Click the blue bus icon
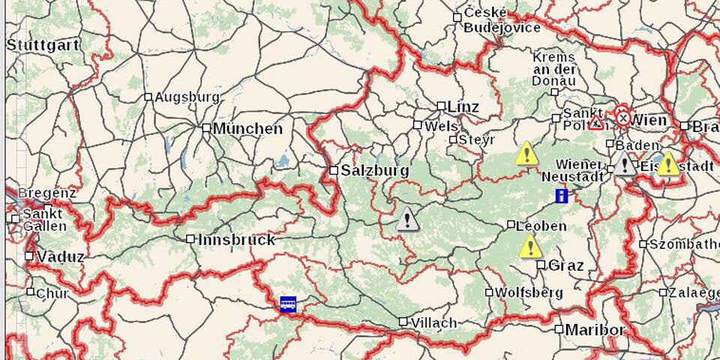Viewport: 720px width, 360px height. click(x=288, y=304)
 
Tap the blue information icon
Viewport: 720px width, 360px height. click(x=561, y=196)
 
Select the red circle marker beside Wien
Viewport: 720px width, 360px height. click(x=622, y=117)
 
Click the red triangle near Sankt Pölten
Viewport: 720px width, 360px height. click(x=595, y=123)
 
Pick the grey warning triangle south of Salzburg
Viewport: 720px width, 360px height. click(x=407, y=220)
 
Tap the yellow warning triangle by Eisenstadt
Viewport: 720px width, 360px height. click(x=667, y=164)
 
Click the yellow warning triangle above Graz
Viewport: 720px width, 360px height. click(x=530, y=246)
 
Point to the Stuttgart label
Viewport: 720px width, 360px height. click(x=43, y=45)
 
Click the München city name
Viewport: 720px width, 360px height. click(x=248, y=128)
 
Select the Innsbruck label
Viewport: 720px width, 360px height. click(x=237, y=240)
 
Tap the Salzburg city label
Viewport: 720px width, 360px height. click(x=375, y=171)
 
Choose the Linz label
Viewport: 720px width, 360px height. click(x=463, y=106)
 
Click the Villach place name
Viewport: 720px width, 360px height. click(x=433, y=322)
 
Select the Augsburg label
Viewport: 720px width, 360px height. click(x=187, y=97)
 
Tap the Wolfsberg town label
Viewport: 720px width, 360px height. click(x=529, y=292)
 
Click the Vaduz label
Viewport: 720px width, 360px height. click(x=60, y=256)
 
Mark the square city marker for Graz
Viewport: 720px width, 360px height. click(x=541, y=264)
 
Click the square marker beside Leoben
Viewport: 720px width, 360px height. click(x=511, y=224)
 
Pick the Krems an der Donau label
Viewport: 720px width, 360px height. click(x=555, y=69)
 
